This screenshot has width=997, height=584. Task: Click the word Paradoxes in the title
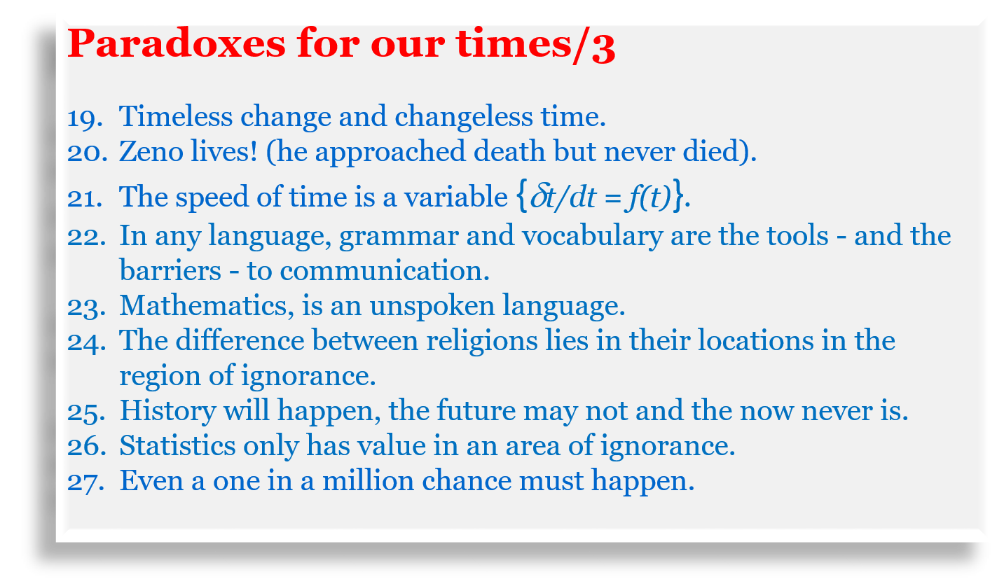[x=177, y=43]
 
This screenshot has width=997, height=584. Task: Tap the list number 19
[x=85, y=118]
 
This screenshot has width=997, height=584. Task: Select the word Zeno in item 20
[x=151, y=151]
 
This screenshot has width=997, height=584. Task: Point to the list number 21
[x=85, y=198]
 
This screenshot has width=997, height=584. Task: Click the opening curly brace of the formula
[x=522, y=195]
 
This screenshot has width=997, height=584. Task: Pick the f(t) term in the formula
[x=647, y=196]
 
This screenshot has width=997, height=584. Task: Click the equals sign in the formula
[x=612, y=199]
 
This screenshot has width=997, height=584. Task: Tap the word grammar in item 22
[x=399, y=237]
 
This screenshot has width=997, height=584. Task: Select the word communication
[x=385, y=270]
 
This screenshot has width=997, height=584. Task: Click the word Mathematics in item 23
[x=207, y=305]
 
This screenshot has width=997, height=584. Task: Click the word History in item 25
[x=167, y=411]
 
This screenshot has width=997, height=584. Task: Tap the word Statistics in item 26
[x=177, y=445]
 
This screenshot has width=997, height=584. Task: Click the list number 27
[x=86, y=482]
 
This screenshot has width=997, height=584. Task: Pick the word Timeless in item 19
[x=176, y=116]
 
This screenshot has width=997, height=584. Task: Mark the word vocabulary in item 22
[x=593, y=237]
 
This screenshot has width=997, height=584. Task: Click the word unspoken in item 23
[x=432, y=307]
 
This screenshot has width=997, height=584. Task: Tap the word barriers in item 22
[x=170, y=270]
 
